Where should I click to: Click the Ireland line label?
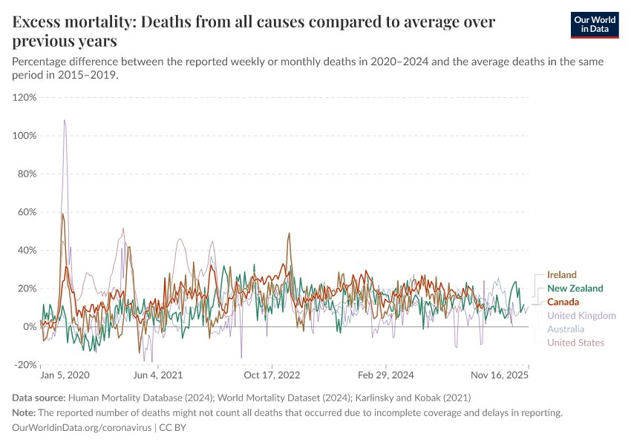pos(562,275)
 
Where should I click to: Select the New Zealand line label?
pos(575,289)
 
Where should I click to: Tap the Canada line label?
pos(563,302)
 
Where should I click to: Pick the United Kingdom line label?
pos(581,315)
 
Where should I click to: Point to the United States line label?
pos(575,343)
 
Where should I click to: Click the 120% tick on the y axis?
pos(24,97)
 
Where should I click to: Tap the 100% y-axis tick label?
pos(24,136)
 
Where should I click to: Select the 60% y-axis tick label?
pos(27,212)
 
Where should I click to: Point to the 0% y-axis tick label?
pos(30,326)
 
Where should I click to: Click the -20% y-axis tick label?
pos(25,365)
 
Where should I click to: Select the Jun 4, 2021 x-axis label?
pos(157,375)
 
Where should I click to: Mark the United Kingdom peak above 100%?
pos(65,120)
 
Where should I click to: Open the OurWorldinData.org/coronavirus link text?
pos(82,428)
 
